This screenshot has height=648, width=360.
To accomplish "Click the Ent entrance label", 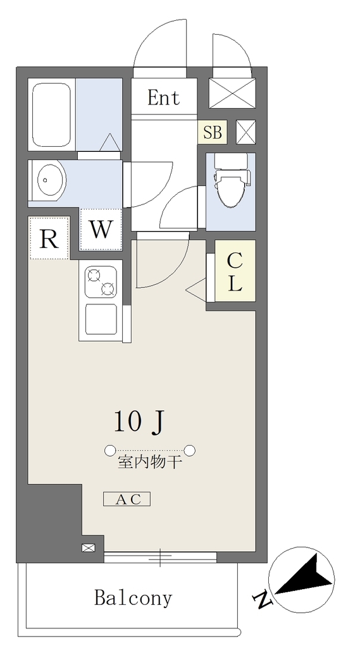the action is click(x=164, y=98).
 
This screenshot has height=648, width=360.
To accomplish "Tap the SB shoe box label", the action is click(x=213, y=132).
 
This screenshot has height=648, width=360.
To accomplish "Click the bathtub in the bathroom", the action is click(x=52, y=115).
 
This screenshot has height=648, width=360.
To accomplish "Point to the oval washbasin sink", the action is click(x=52, y=180).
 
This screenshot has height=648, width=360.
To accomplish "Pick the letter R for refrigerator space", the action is click(x=49, y=239).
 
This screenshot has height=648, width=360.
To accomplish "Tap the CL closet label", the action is click(x=235, y=272).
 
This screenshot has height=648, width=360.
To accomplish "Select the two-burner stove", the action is click(x=101, y=282).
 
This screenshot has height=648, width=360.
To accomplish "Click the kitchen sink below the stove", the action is click(x=101, y=320).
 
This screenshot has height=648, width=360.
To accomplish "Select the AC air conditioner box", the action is click(x=127, y=499).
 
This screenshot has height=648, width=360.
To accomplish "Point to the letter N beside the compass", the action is click(x=263, y=600).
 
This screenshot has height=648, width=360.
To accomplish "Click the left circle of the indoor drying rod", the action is click(x=110, y=450).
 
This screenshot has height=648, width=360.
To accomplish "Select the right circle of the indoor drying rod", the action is click(x=190, y=450).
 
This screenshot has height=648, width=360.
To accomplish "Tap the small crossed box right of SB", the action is click(x=246, y=132).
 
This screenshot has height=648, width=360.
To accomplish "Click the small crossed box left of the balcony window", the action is click(x=88, y=548).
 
